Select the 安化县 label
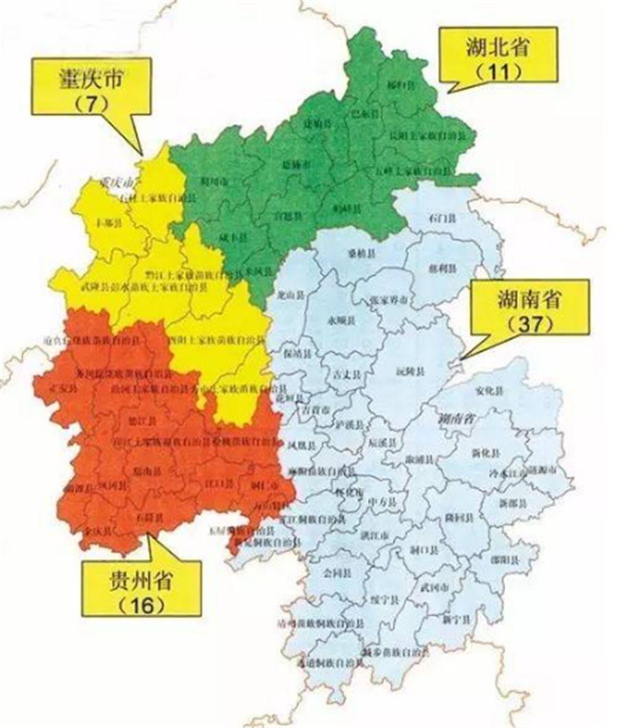pos(489,391)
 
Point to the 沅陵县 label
pos(409,372)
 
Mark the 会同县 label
pos(337,571)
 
